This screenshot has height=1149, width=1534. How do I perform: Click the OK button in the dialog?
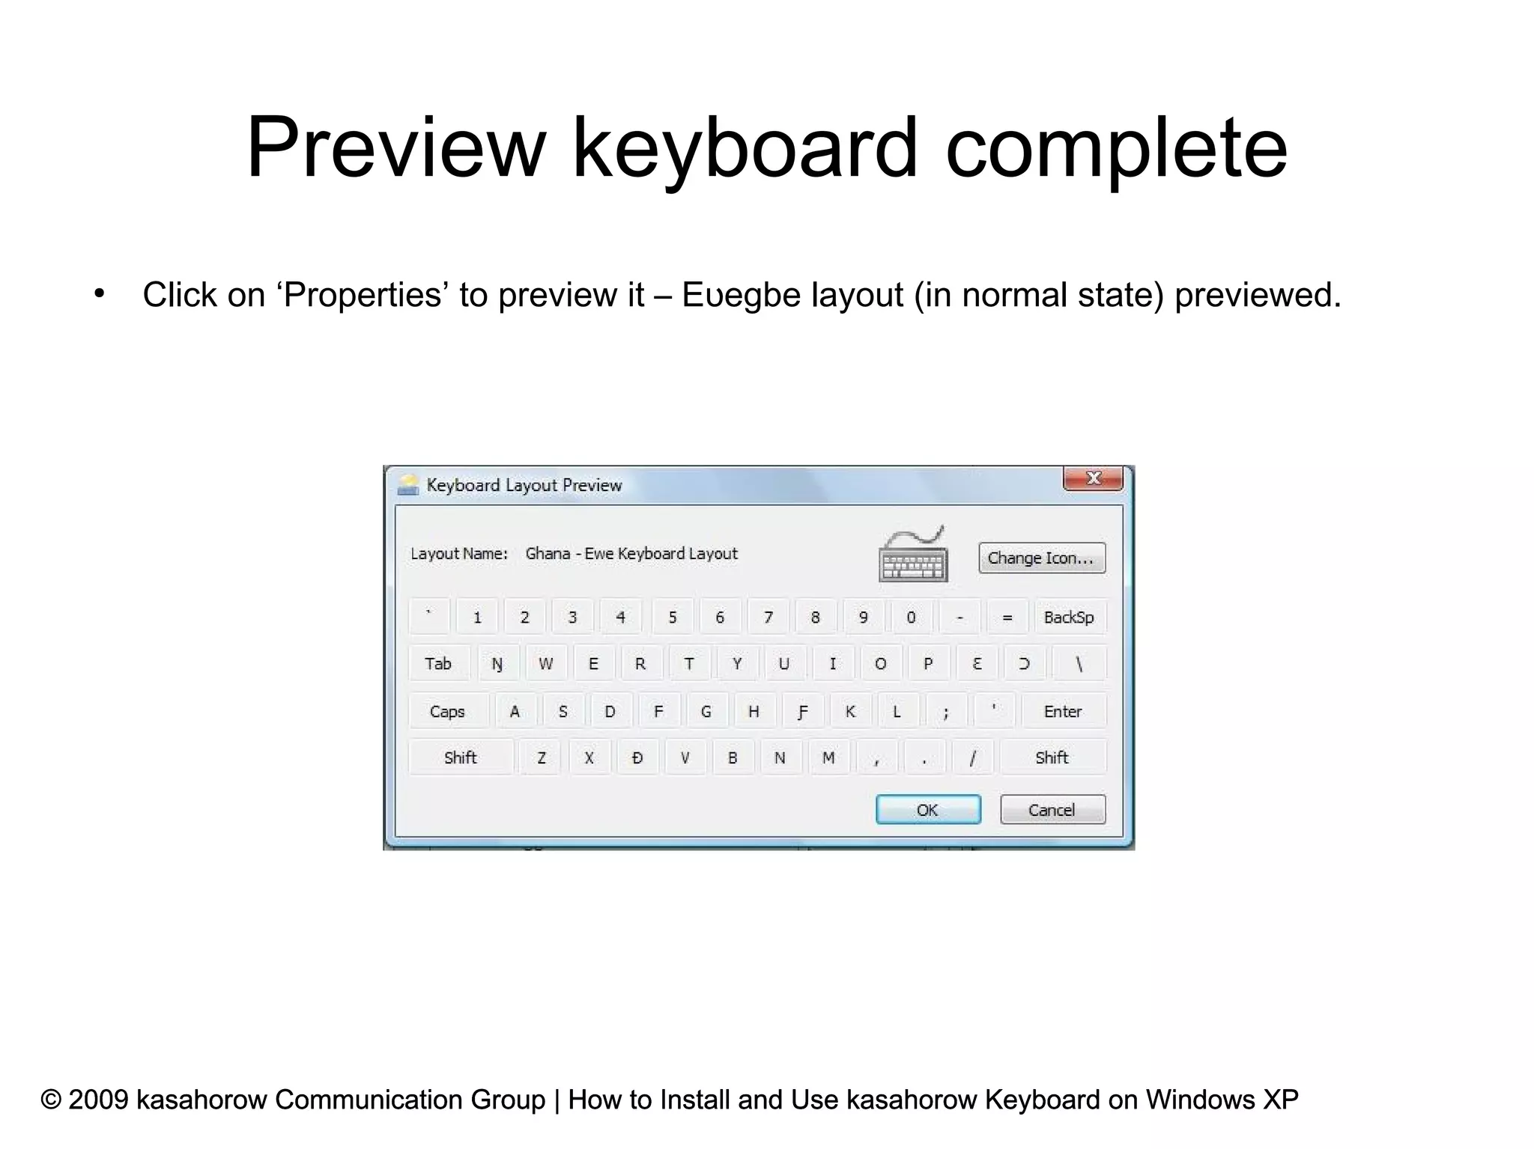927,809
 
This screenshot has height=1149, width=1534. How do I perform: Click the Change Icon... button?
1041,558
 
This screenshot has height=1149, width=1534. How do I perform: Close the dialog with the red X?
1093,478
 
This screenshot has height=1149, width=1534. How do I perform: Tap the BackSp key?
1068,617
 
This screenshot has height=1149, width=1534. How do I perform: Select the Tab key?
438,663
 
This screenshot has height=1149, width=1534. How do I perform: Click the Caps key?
447,711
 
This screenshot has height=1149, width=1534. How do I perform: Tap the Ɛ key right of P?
977,664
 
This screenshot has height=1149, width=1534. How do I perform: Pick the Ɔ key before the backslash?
1025,664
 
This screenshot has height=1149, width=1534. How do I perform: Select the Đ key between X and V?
637,758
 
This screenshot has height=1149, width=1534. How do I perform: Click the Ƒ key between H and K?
802,711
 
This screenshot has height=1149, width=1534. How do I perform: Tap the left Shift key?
460,758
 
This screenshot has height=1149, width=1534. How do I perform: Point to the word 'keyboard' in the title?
745,147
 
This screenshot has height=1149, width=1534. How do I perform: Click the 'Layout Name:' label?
459,553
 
